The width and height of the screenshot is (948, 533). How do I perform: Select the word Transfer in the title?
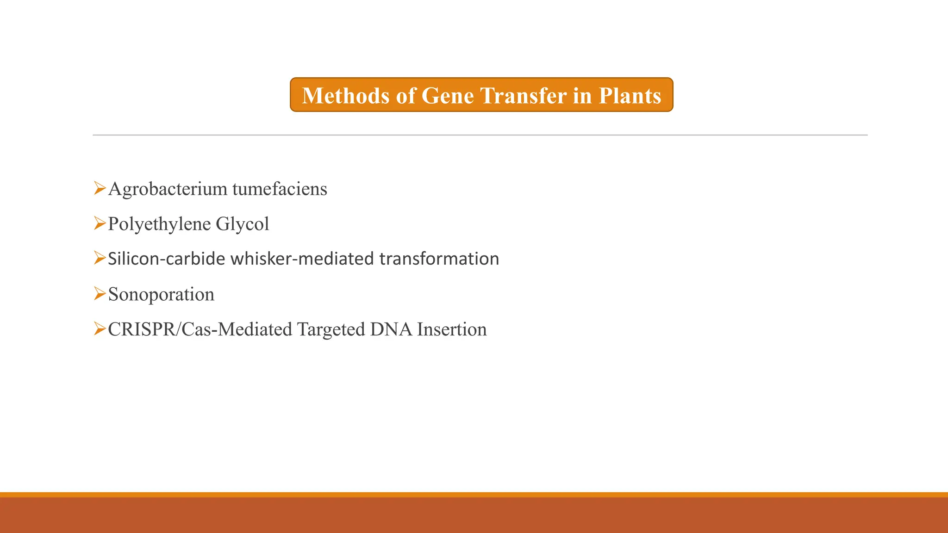click(x=523, y=96)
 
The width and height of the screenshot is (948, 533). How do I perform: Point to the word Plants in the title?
click(x=630, y=96)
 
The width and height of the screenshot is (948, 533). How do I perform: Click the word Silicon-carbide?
click(x=167, y=259)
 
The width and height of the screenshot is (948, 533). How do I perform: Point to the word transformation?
click(x=439, y=259)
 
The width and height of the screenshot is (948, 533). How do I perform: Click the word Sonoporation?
click(x=161, y=295)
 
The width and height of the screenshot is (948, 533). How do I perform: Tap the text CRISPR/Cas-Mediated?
click(x=200, y=330)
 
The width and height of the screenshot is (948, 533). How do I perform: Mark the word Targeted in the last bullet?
click(x=331, y=330)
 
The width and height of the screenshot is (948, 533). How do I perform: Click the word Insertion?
click(x=452, y=330)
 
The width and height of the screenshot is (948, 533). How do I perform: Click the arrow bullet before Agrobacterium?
click(x=100, y=188)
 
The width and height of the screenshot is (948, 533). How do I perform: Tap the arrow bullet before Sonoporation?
click(x=100, y=294)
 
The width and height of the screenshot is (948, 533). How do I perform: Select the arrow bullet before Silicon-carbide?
click(x=100, y=258)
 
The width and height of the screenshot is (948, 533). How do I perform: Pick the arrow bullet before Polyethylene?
click(x=100, y=223)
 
